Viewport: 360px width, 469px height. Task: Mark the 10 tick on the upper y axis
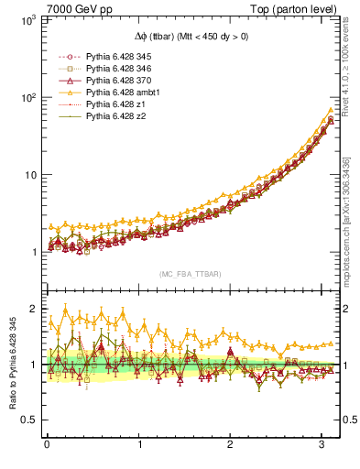click(x=27, y=174)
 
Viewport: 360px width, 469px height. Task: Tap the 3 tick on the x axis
click(x=324, y=445)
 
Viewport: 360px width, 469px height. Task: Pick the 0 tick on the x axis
click(x=47, y=445)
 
